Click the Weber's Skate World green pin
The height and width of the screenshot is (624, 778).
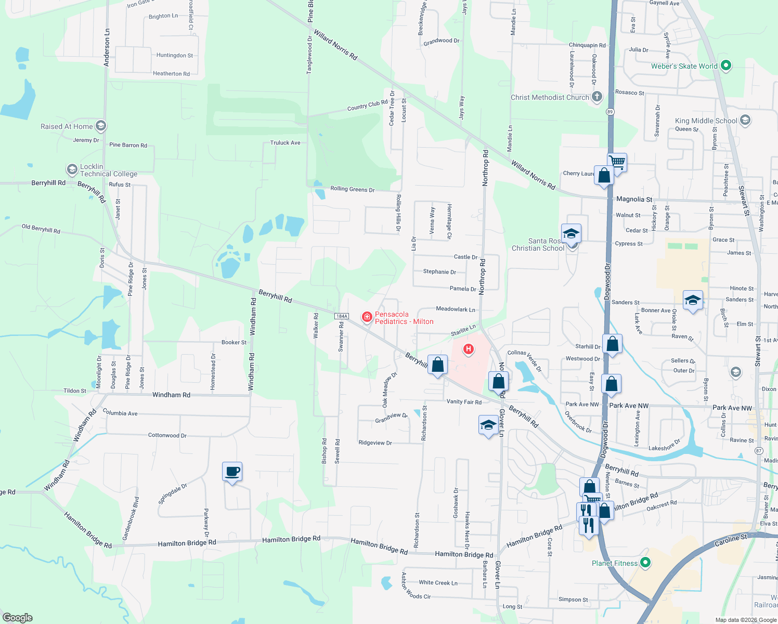pos(727,66)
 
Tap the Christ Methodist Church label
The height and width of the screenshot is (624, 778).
pos(550,97)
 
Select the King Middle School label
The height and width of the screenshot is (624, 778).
pos(706,121)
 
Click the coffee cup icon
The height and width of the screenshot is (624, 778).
pos(232,472)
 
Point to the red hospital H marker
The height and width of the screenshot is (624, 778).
pos(469,349)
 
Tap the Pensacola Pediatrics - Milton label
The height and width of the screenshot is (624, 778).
pos(404,318)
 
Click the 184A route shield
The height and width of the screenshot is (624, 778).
pos(341,316)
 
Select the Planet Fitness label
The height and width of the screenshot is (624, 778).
pos(614,563)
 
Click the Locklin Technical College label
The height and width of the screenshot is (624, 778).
pos(108,170)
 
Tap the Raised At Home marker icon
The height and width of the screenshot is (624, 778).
pos(101,125)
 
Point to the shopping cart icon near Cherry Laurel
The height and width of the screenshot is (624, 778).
pos(617,162)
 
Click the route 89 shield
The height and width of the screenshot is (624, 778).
pos(610,112)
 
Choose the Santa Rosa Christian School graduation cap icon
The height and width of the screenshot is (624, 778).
pos(571,233)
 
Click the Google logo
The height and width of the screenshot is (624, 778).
pos(18,618)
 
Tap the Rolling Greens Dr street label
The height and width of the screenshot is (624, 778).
pos(352,189)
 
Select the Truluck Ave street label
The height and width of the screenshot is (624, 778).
pos(285,142)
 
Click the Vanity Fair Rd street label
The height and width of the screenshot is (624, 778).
pos(464,401)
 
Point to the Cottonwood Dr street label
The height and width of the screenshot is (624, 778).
pos(167,435)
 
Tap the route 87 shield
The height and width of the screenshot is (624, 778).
pos(759,451)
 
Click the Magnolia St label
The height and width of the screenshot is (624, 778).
pos(634,199)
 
